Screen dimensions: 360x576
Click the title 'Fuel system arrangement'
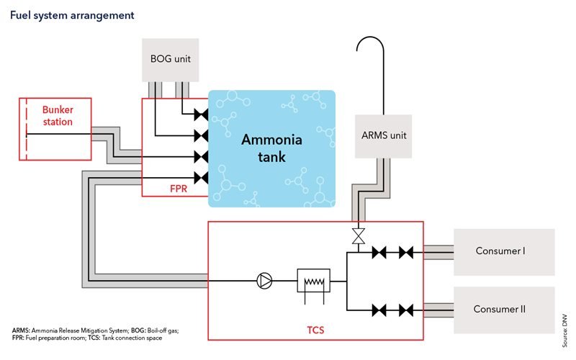point(71,14)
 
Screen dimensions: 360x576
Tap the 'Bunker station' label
point(57,116)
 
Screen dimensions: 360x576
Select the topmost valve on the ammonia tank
point(201,115)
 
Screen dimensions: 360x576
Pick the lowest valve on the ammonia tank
point(201,177)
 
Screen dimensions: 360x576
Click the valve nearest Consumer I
point(406,253)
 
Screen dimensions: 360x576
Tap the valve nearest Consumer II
point(406,310)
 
